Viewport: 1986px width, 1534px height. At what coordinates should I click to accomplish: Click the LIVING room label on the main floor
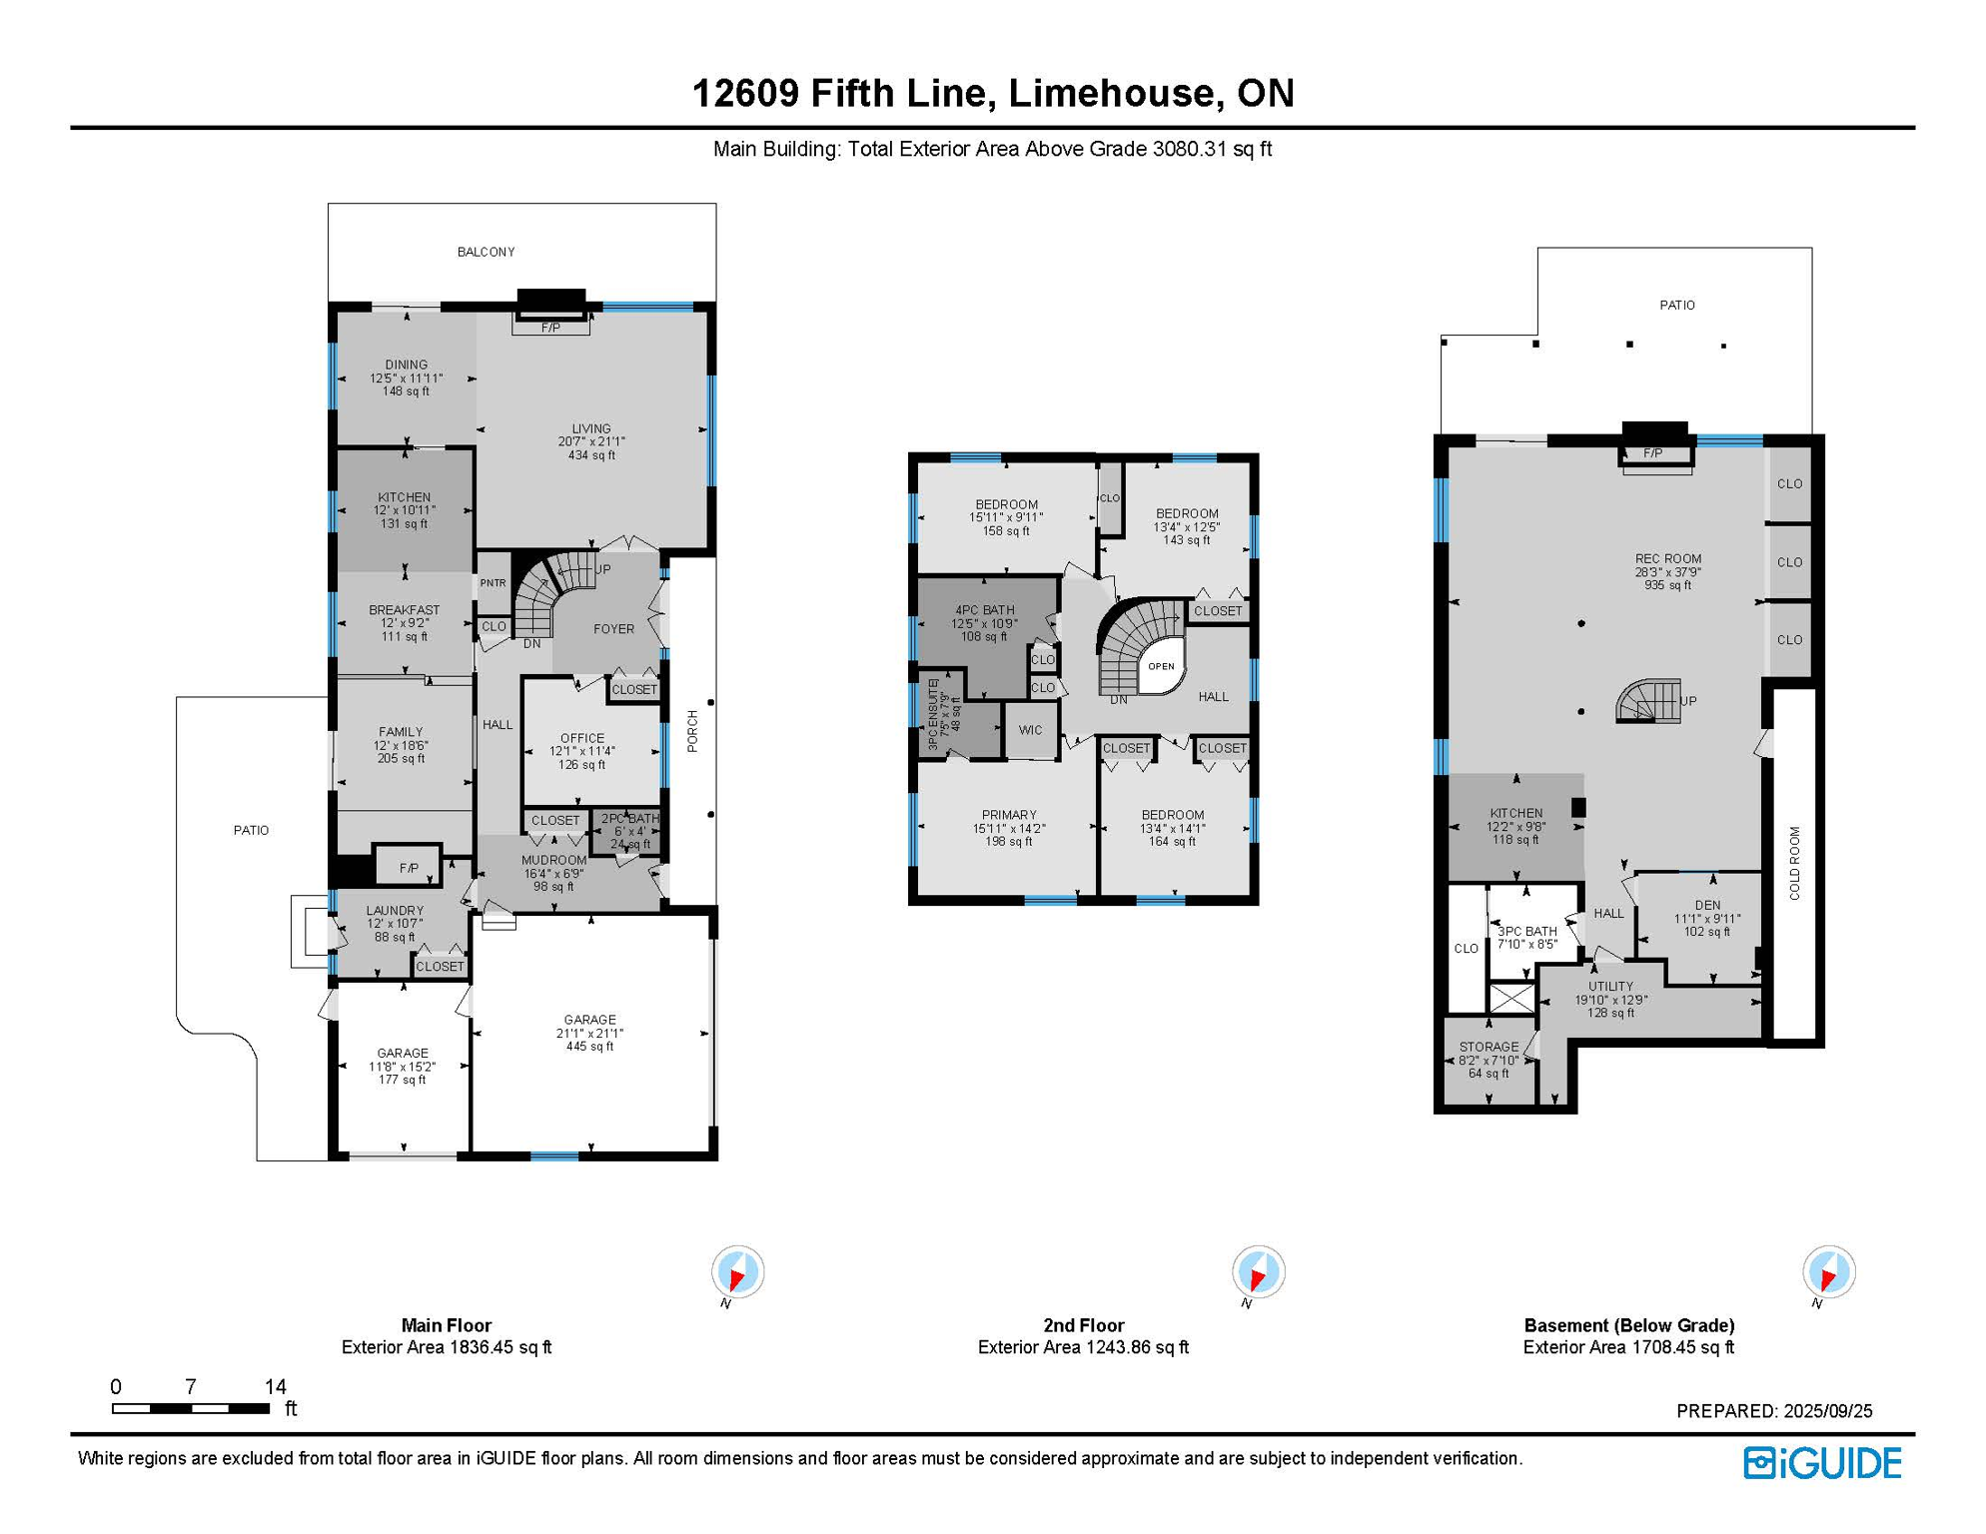tap(591, 429)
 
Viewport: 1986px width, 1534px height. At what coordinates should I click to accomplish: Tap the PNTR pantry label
tap(494, 583)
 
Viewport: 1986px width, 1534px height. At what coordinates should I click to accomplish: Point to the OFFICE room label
tap(582, 739)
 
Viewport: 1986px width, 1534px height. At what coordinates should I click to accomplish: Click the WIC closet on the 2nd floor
tap(1031, 731)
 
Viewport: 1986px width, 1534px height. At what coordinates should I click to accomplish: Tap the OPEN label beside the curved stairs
tap(1161, 666)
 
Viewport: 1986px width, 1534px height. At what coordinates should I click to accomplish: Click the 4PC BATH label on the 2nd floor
tap(985, 610)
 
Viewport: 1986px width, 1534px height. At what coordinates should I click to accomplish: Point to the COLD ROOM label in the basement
tap(1795, 863)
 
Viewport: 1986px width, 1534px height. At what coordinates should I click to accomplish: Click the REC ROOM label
tap(1668, 559)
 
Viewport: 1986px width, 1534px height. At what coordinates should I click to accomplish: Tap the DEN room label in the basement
tap(1707, 906)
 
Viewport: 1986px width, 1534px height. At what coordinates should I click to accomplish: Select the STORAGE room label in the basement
tap(1489, 1048)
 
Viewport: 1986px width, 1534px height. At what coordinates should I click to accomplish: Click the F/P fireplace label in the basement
tap(1653, 453)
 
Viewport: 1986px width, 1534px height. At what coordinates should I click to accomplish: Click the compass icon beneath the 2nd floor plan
tap(1258, 1272)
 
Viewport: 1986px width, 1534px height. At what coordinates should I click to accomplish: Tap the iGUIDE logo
tap(1823, 1464)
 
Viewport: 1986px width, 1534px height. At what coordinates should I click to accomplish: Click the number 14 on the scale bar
tap(276, 1387)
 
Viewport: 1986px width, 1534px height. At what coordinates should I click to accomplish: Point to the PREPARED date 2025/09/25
tap(1828, 1411)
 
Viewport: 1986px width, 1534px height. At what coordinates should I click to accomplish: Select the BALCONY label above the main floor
tap(487, 253)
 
